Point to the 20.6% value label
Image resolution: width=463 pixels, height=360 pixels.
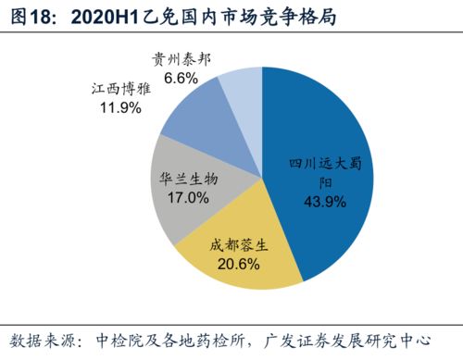coord(238,264)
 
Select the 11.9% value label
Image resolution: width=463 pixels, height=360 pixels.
coord(120,107)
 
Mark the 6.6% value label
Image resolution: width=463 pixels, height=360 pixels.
coord(181,79)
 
